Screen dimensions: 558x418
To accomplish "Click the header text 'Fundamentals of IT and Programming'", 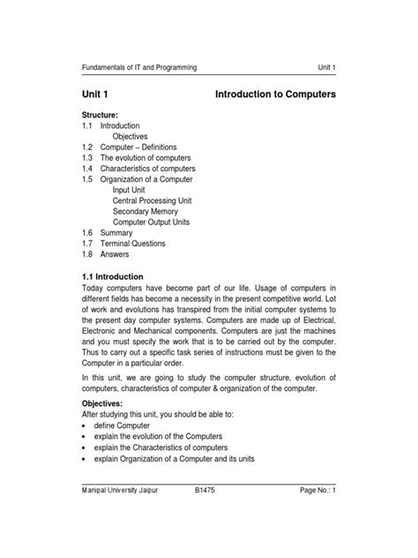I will pyautogui.click(x=138, y=67).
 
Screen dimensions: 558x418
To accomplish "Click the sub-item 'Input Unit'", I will pyautogui.click(x=132, y=190).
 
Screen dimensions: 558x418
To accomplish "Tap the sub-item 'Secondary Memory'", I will pyautogui.click(x=149, y=211).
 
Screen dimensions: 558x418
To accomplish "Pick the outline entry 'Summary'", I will pyautogui.click(x=116, y=232).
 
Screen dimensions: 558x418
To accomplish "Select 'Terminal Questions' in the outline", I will pyautogui.click(x=134, y=243).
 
